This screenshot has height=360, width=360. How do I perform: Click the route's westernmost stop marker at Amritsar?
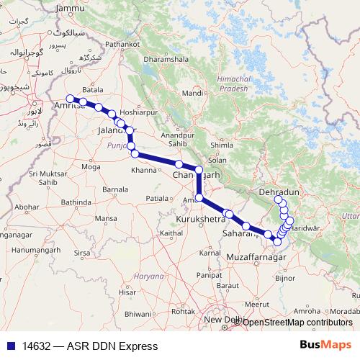(x=70, y=99)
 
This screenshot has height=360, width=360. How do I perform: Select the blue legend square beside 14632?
(x=10, y=346)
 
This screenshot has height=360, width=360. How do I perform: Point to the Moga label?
(x=91, y=166)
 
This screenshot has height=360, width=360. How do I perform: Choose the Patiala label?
(x=159, y=197)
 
